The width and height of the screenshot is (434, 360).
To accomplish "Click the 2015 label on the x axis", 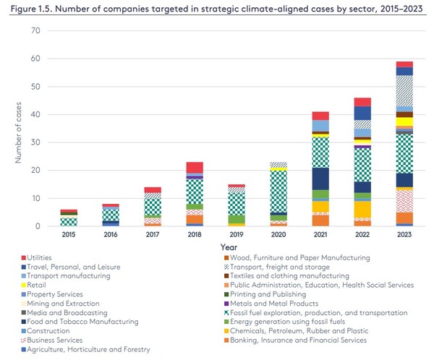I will tap(69, 234).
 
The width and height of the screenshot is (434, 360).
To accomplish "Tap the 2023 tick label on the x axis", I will tap(404, 234).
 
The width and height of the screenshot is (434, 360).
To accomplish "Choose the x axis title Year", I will tap(237, 246).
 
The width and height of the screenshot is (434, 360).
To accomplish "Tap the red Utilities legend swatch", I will tap(24, 257).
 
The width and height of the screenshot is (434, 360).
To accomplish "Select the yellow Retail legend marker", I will tap(24, 284).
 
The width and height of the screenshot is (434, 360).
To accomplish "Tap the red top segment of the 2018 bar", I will tap(195, 168).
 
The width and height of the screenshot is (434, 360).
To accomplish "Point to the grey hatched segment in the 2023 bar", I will tap(404, 91).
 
